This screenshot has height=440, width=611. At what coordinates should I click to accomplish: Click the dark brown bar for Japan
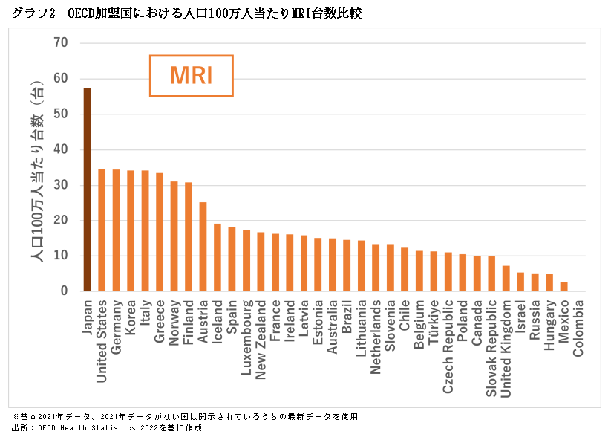click(x=87, y=190)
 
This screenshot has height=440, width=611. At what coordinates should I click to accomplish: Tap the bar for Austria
click(x=203, y=247)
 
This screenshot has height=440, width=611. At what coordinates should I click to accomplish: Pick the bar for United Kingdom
click(x=506, y=279)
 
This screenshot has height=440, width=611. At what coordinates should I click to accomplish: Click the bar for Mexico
click(x=564, y=287)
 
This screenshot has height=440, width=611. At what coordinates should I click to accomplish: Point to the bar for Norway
click(x=174, y=236)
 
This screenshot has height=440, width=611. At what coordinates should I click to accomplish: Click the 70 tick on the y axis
click(x=61, y=43)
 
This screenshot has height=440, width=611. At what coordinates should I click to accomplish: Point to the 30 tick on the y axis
click(x=61, y=185)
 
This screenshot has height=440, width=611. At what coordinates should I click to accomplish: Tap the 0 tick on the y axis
click(x=65, y=291)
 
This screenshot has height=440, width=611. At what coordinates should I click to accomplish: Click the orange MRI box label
click(x=192, y=76)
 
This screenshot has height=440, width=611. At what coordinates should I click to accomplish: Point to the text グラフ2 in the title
click(x=33, y=13)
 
